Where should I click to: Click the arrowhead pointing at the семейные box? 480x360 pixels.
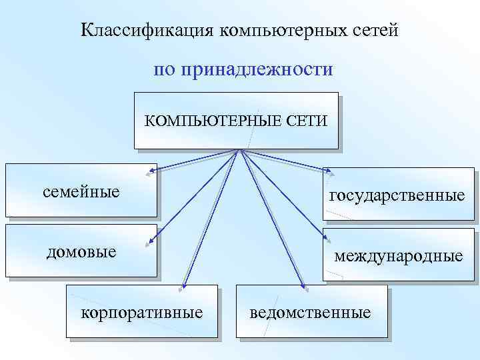pyautogui.click(x=153, y=173)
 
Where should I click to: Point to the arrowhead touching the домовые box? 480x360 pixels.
pyautogui.click(x=153, y=243)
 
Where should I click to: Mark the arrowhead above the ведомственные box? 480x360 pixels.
pyautogui.click(x=303, y=288)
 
